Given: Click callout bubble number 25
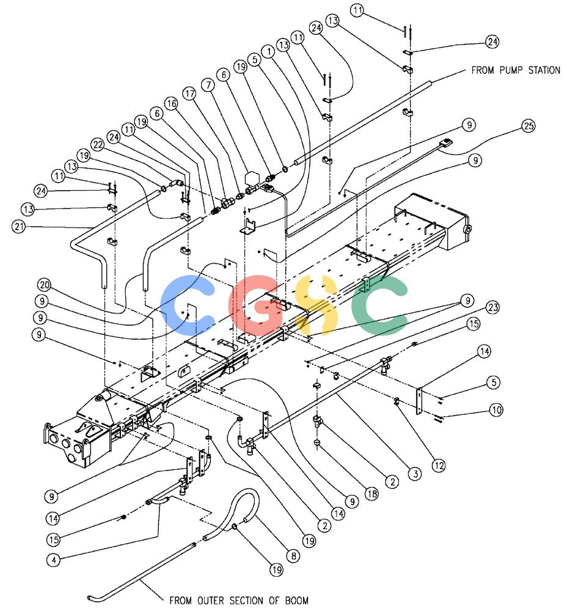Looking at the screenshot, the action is coord(529,126).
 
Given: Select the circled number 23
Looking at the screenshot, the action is coord(493,307).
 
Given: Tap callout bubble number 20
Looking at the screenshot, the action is coord(45,285).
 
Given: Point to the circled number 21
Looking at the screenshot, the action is coord(19,226).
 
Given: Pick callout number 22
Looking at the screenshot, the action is coord(97,145).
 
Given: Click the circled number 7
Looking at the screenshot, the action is coord(208,84).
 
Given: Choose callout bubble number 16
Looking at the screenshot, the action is coord(171,103).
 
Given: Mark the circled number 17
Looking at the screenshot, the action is coord(190,93).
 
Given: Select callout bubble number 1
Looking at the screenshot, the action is coord(268,51).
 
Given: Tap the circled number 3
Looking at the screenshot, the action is coord(415,474).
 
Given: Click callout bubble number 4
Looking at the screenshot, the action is coord(54,560).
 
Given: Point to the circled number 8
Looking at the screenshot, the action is coord(293,555).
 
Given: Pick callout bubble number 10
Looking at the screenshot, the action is coord(496,409).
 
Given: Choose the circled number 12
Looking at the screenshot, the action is coord(439,465).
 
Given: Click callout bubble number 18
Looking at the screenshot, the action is coord(371,494).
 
